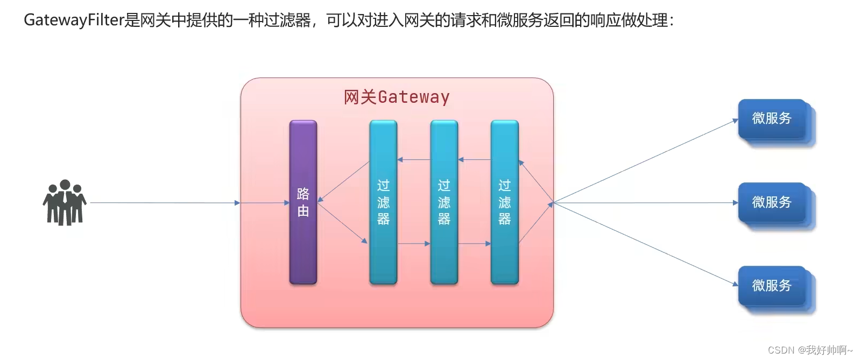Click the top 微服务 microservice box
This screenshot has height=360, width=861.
772,119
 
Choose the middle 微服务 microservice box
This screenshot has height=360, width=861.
772,202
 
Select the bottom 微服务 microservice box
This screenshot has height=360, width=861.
772,286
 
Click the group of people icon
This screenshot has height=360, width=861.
65,202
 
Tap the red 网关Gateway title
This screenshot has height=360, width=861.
397,97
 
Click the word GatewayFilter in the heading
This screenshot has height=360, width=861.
74,20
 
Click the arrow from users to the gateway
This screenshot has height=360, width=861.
161,203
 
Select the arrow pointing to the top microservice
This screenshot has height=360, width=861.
646,161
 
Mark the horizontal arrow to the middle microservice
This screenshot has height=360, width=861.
646,203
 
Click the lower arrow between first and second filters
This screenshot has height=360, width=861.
413,244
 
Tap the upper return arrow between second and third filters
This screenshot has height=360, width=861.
474,160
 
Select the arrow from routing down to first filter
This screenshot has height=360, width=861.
342,223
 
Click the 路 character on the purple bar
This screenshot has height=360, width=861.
303,194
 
